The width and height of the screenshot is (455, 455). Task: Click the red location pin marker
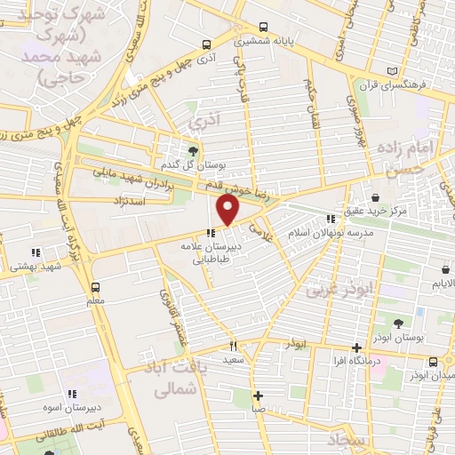coord(228,211)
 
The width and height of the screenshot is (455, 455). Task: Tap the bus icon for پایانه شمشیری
coord(261,27)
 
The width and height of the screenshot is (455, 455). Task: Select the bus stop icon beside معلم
coord(95,286)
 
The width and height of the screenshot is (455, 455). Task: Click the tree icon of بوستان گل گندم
coord(194,148)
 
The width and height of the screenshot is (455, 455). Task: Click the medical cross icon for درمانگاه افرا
coord(356,347)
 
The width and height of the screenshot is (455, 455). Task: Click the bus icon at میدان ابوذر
coord(433,362)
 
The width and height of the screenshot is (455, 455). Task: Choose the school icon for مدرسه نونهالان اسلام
coord(331,218)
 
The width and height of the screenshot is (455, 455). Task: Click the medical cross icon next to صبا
coord(258,396)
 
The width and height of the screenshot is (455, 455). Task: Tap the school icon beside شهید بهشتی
coord(36,251)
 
